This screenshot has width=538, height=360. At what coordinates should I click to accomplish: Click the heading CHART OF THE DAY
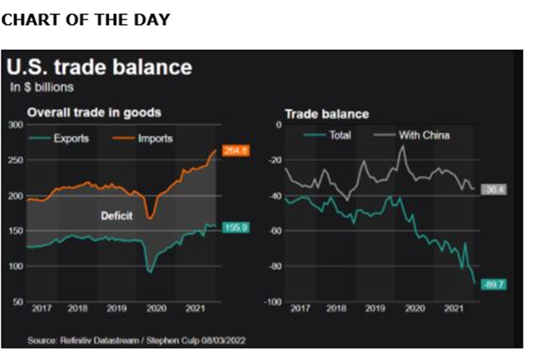85,19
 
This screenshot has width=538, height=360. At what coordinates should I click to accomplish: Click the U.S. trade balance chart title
99,67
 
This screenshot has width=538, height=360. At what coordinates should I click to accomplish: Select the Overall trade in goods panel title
93,112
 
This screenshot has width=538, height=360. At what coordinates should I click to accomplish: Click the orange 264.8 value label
235,149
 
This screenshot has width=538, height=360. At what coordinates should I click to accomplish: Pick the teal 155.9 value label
235,227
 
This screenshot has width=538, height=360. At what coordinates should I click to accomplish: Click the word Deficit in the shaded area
117,216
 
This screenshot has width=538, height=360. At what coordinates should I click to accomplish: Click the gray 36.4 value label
494,189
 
